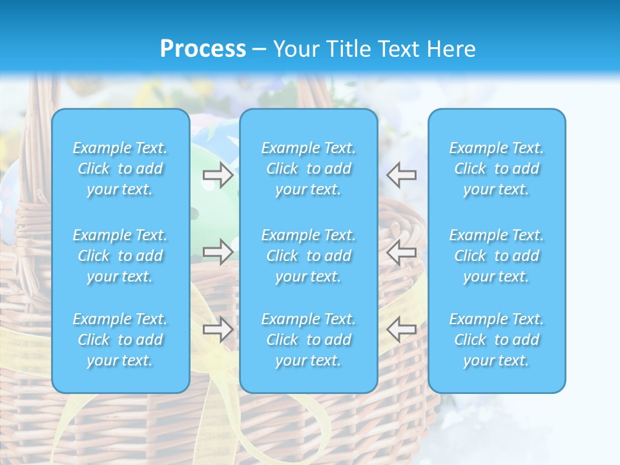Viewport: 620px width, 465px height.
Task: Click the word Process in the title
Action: [x=203, y=49]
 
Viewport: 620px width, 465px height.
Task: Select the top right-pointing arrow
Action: [x=218, y=175]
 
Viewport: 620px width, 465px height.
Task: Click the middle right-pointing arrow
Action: [x=218, y=252]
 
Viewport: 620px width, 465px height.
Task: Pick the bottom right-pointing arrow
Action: [x=218, y=329]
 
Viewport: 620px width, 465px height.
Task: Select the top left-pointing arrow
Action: [x=401, y=175]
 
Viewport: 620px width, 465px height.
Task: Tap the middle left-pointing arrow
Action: [x=401, y=252]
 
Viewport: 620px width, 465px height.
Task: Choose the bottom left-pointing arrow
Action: [x=401, y=329]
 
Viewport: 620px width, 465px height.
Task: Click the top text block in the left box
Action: [x=120, y=169]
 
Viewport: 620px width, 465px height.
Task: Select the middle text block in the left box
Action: [x=120, y=256]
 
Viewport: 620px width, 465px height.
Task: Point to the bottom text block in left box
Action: [x=120, y=340]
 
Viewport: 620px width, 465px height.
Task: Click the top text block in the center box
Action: [x=309, y=169]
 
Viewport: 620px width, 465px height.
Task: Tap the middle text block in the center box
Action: [x=309, y=256]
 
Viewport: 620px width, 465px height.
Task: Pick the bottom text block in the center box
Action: [x=309, y=340]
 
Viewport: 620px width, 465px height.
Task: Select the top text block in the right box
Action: [x=497, y=169]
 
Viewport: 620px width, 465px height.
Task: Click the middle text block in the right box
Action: [x=497, y=256]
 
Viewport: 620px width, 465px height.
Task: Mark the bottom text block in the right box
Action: [x=497, y=340]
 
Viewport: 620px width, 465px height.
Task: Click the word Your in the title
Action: [x=295, y=49]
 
